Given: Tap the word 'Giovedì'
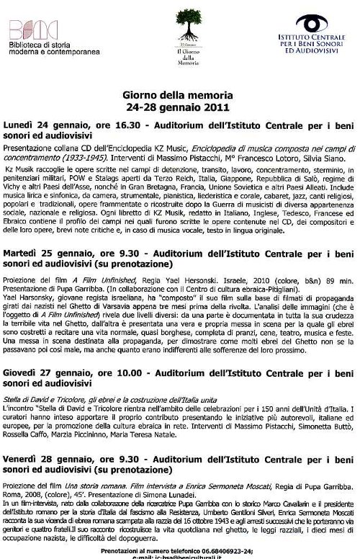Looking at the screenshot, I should (x=24, y=375).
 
